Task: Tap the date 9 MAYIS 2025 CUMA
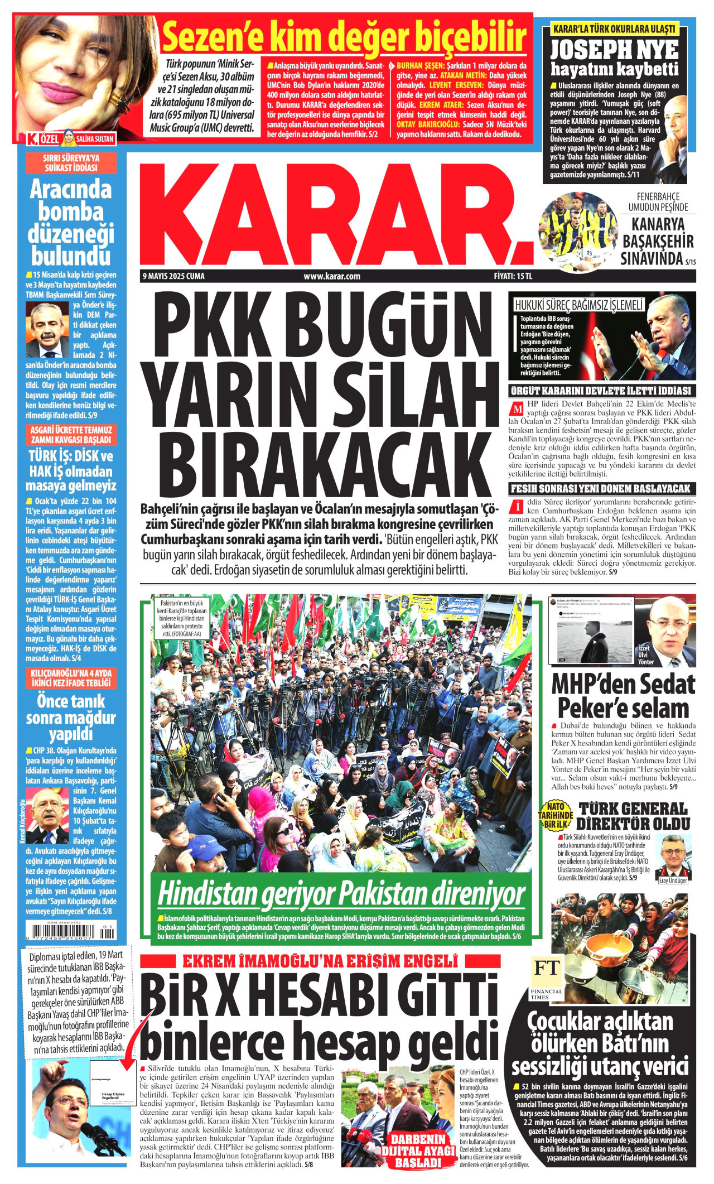click(173, 276)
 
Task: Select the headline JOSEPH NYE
click(614, 50)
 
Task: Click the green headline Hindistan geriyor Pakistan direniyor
click(341, 894)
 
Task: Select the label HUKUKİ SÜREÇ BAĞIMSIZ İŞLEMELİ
click(578, 305)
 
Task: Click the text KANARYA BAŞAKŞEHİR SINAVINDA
click(657, 241)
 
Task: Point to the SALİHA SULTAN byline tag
click(94, 139)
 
